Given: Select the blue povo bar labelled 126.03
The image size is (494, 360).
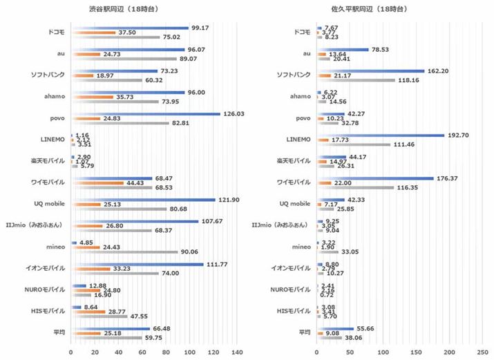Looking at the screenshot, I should pyautogui.click(x=145, y=114).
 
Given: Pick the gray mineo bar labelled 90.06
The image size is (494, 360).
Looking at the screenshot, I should pyautogui.click(x=124, y=252).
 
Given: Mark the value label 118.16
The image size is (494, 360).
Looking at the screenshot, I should pyautogui.click(x=408, y=80).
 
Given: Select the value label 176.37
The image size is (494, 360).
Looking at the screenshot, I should pyautogui.click(x=447, y=178).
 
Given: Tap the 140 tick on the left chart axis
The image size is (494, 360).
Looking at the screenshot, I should pyautogui.click(x=237, y=352).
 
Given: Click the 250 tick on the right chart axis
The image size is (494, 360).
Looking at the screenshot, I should pyautogui.click(x=483, y=352).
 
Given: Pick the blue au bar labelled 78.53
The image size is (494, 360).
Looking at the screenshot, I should pyautogui.click(x=343, y=49).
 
